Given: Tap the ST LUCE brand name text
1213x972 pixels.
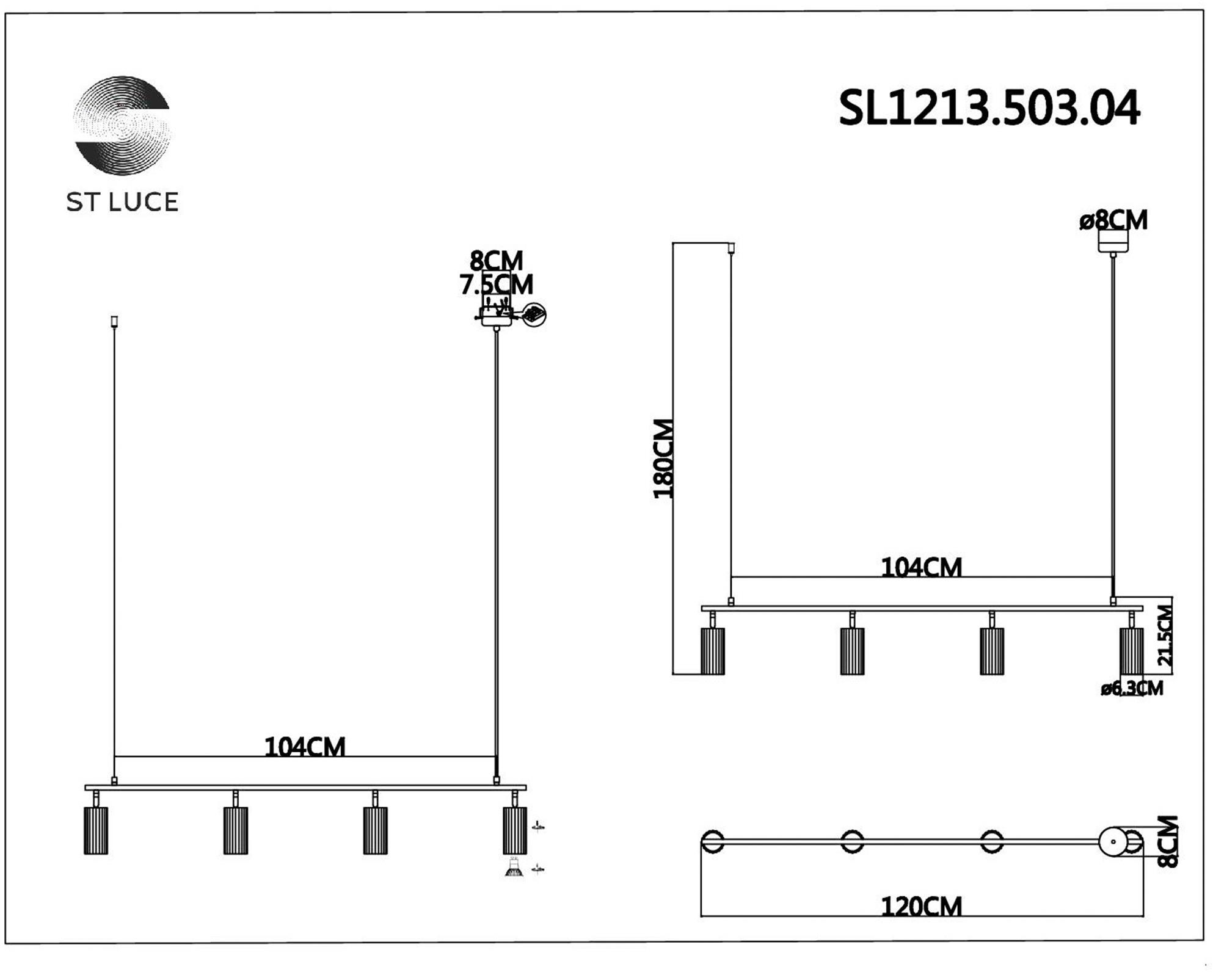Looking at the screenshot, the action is pyautogui.click(x=122, y=202).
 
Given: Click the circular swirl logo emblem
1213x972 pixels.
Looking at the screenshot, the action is pyautogui.click(x=123, y=125).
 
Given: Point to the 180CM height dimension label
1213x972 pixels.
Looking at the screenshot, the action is pyautogui.click(x=663, y=459).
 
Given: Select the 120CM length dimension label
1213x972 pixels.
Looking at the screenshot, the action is pyautogui.click(x=921, y=907).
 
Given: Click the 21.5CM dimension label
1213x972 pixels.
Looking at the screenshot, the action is pyautogui.click(x=1165, y=635).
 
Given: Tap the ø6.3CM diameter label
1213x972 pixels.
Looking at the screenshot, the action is pyautogui.click(x=1132, y=688).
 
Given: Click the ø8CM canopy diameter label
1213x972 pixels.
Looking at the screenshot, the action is pyautogui.click(x=1113, y=220).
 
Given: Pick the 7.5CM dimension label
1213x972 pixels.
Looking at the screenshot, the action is pyautogui.click(x=497, y=285).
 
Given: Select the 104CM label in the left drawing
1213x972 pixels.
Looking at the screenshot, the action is pyautogui.click(x=305, y=747).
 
